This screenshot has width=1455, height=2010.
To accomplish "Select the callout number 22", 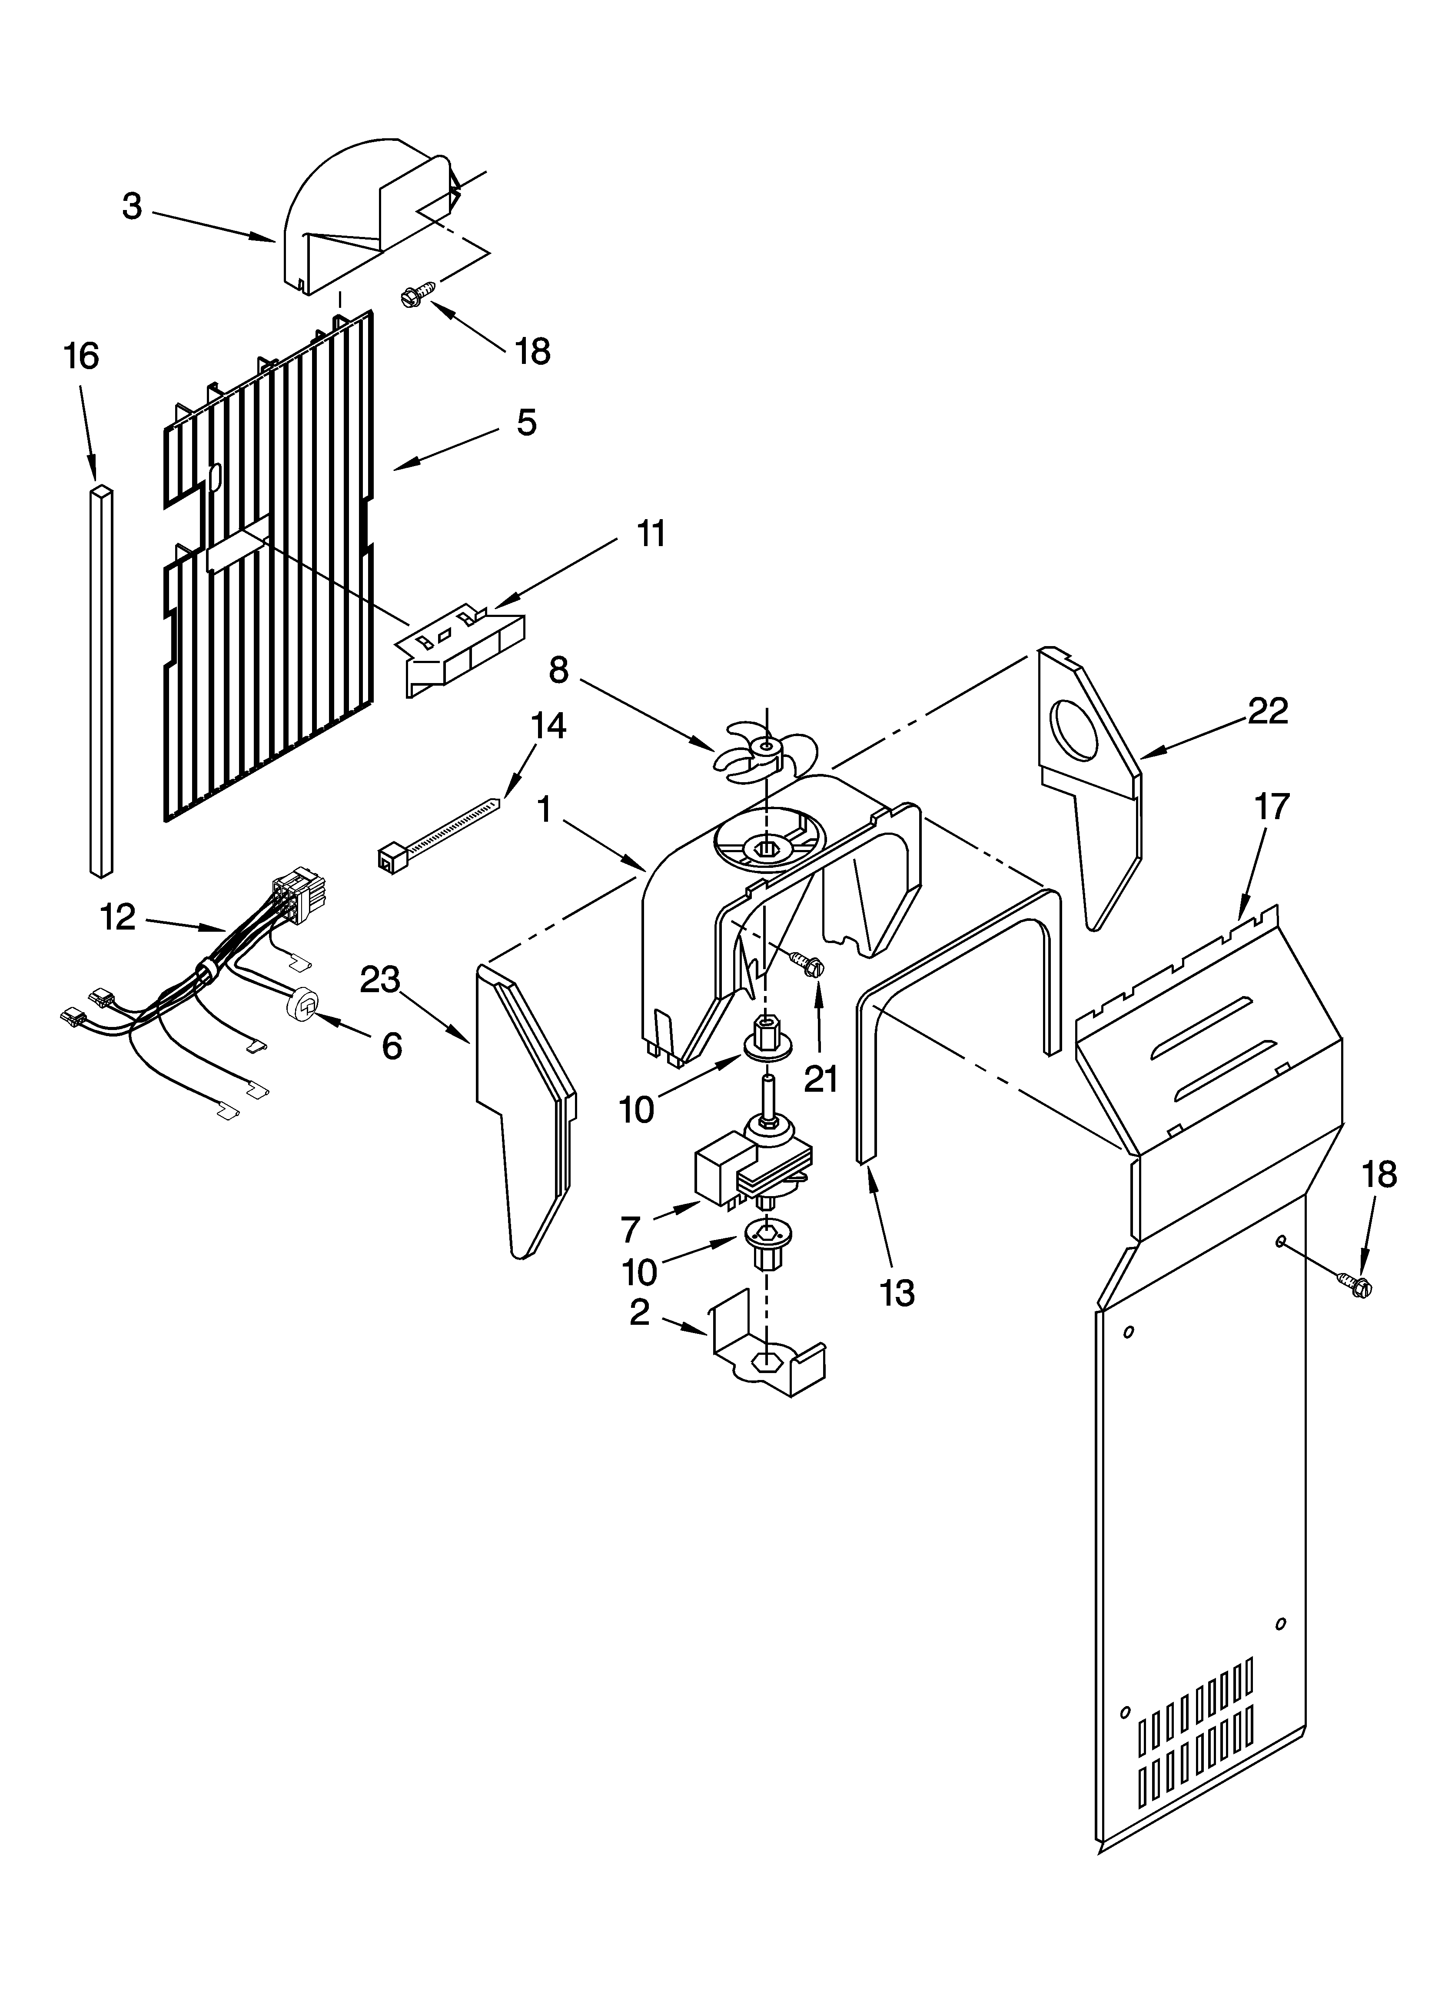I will pos(1267,711).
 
